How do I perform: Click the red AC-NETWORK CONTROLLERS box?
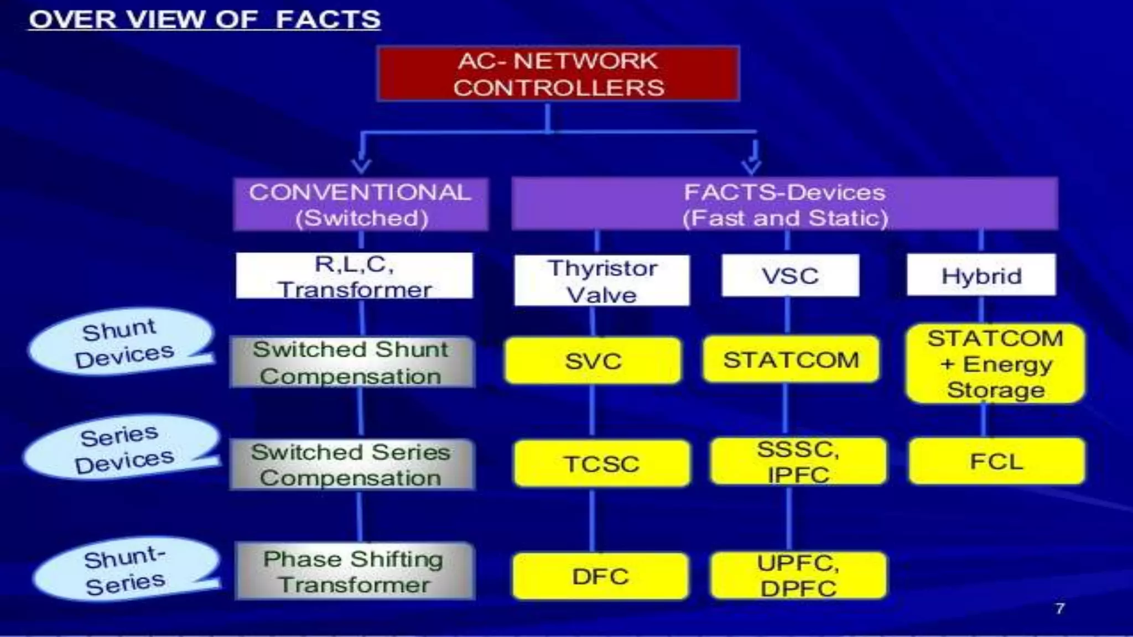point(558,74)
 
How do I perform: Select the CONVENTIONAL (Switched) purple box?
point(361,204)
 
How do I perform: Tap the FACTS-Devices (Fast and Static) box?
point(784,204)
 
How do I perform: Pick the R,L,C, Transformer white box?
point(354,275)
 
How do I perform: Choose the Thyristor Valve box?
point(602,280)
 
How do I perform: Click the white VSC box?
point(790,275)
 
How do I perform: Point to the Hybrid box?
point(981,275)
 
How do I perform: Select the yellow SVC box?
point(593,361)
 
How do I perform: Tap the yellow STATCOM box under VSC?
point(791,359)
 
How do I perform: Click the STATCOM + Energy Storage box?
point(995,363)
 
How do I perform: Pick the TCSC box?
point(602,463)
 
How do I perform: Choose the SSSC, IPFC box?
point(798,461)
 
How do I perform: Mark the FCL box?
point(996,461)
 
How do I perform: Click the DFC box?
point(600,576)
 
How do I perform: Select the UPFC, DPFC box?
point(798,575)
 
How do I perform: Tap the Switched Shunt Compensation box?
point(352,362)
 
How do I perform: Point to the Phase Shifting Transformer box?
point(354,571)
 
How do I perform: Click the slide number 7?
point(1059,608)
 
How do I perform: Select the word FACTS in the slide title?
point(328,19)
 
